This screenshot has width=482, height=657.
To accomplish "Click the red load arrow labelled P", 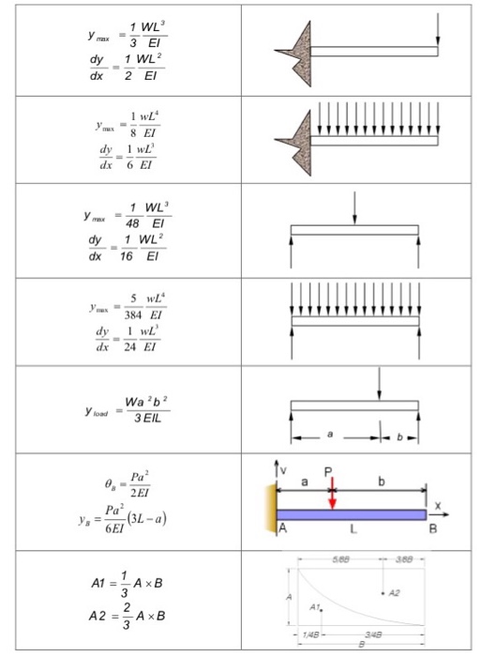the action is click(x=332, y=489).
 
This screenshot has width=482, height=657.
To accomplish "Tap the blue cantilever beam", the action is click(x=351, y=514).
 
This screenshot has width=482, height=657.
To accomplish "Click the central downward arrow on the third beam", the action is click(x=354, y=207).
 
